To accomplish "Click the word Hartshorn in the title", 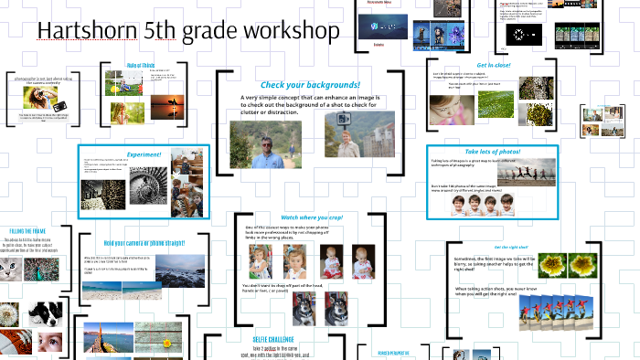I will tap(87, 32).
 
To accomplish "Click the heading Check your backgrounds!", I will tap(310, 85).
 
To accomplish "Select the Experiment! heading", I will tap(144, 154).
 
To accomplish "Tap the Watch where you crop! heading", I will tap(312, 217).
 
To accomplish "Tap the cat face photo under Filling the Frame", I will tap(11, 271).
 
